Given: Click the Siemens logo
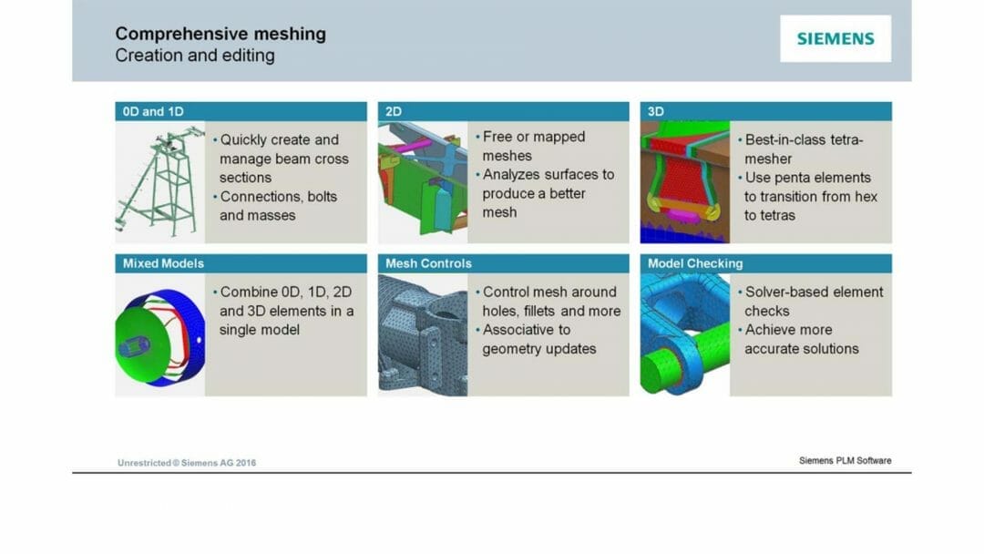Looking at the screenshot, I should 835,38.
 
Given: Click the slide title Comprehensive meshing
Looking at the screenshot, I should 220,35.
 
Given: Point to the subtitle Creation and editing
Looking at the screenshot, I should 194,56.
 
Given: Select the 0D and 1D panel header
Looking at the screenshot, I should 241,111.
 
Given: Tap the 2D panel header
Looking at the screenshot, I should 503,111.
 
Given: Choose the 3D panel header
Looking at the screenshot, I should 765,111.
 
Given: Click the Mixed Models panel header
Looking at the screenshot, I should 241,263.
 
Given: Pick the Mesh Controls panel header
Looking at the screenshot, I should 503,263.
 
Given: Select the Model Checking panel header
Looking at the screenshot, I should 765,263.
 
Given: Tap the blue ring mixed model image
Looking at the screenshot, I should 159,335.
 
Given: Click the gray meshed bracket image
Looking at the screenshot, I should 422,334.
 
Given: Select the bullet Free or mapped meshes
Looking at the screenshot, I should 533,146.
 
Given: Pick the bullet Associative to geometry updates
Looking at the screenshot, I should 538,339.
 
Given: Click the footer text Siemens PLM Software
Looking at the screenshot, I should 845,461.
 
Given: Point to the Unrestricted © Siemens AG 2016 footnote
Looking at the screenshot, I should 187,463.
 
